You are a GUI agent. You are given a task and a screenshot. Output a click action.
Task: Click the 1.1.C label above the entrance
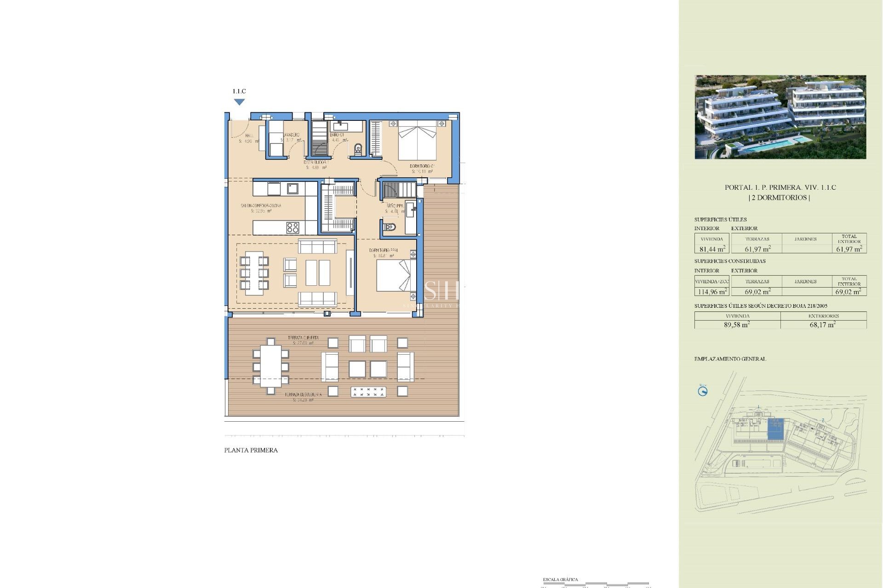(x=239, y=91)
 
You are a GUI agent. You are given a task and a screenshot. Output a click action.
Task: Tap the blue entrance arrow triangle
(x=239, y=102)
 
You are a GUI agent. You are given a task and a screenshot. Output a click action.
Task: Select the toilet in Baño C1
(x=358, y=149)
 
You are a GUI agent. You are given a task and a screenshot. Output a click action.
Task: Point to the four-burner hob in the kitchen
(x=292, y=227)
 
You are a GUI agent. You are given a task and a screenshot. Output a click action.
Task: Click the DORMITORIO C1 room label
(x=422, y=166)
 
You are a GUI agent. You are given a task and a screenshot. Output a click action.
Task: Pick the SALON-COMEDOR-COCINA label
(x=261, y=205)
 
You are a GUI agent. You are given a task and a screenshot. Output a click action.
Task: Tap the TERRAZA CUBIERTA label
(x=303, y=338)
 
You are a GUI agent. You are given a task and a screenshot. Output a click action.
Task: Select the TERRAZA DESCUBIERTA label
(x=303, y=395)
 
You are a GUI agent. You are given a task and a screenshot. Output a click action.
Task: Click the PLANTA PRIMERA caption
(x=251, y=450)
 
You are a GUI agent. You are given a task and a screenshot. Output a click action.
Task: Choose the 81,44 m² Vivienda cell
(x=712, y=249)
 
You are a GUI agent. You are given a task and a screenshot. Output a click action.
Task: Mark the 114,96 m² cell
(x=712, y=292)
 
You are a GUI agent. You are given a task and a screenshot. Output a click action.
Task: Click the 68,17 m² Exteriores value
(x=823, y=324)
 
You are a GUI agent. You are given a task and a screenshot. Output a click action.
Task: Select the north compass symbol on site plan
(x=703, y=391)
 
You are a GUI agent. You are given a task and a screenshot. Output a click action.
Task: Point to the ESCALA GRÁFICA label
(x=560, y=580)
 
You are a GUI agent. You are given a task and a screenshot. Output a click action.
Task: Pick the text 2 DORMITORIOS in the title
(x=779, y=198)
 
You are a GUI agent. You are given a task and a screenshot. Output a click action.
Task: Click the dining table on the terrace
(x=270, y=367)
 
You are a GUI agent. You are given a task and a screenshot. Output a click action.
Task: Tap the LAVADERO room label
(x=291, y=135)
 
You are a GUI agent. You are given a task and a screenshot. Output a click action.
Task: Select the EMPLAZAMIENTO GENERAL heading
(x=730, y=359)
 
